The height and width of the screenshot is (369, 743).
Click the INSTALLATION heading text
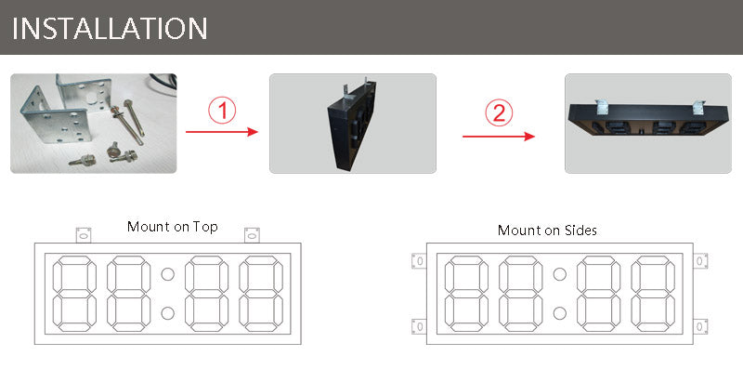110,27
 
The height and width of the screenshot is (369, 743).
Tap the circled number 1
221,112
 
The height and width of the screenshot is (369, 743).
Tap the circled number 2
499,113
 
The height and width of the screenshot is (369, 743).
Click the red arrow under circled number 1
222,133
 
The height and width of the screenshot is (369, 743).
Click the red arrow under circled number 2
499,136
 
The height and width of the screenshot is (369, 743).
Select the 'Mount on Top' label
172,227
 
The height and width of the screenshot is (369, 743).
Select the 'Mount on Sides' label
547,230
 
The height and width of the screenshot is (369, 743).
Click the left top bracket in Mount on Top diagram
83,234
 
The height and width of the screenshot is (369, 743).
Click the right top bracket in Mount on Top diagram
252,234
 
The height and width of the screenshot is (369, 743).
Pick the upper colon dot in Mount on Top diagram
168,274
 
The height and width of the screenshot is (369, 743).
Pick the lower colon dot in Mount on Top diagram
168,311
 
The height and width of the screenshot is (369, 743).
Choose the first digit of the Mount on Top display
76,292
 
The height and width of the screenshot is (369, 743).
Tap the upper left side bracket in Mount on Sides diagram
419,261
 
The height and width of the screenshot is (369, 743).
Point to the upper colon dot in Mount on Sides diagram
559,274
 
